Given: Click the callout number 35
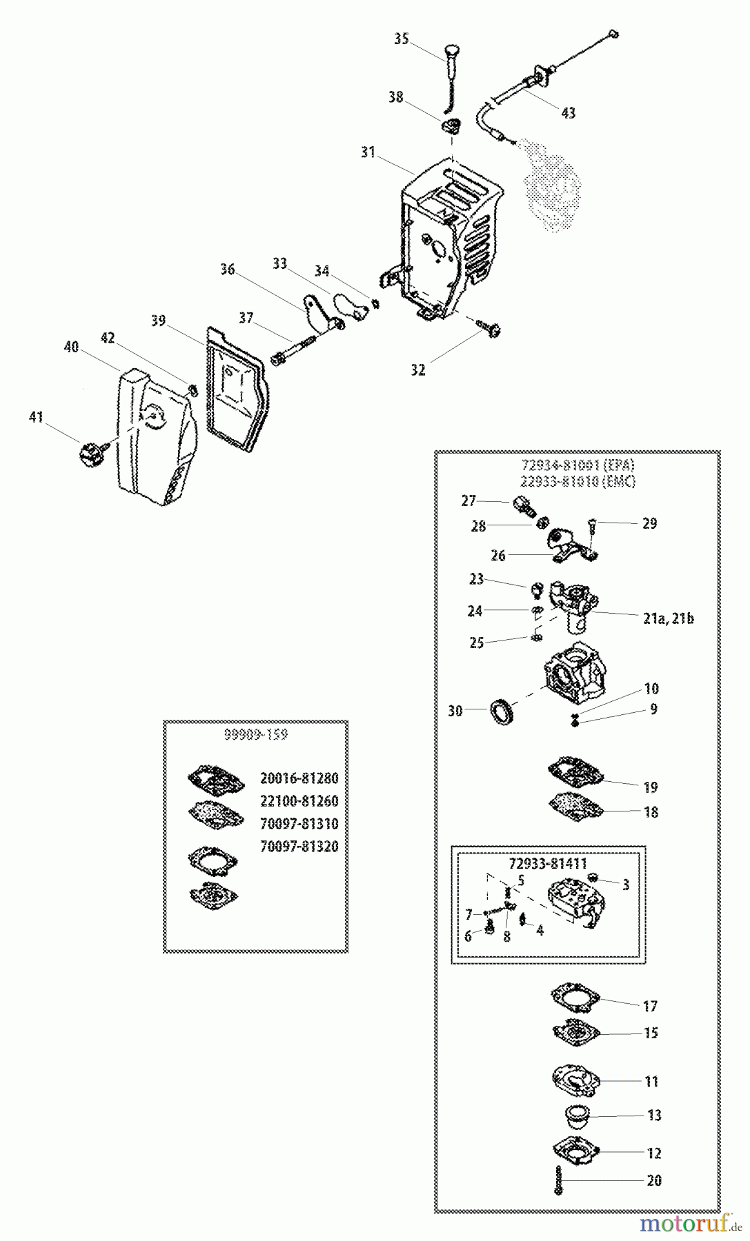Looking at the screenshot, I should [x=401, y=39].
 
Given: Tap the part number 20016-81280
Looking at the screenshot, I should [x=299, y=778].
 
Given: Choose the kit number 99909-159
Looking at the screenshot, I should [x=255, y=735].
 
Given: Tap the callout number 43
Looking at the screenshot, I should [x=567, y=113].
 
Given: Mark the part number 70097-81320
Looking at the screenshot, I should [x=299, y=846].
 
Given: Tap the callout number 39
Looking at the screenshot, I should [x=159, y=321].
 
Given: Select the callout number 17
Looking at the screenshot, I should [x=650, y=1007].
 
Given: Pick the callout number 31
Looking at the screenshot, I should [x=368, y=152].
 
